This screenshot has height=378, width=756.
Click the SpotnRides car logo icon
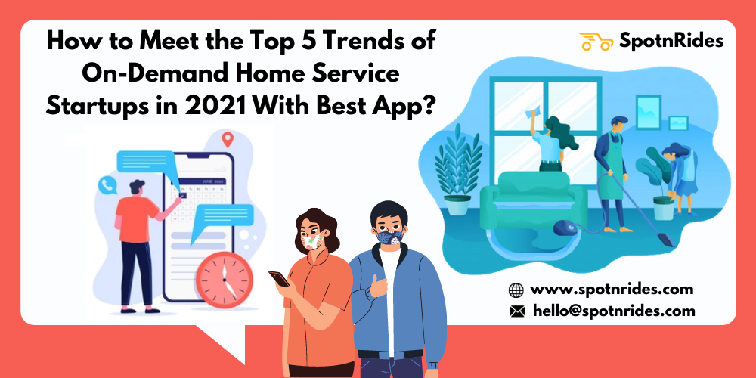(596, 42)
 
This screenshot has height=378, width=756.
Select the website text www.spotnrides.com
(612, 290)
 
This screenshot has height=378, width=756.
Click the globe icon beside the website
(516, 290)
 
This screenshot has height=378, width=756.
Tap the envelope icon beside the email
(517, 311)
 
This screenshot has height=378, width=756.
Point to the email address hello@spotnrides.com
(614, 311)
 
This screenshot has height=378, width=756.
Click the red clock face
(225, 280)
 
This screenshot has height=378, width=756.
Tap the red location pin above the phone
(227, 140)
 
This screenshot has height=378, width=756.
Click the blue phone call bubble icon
(107, 185)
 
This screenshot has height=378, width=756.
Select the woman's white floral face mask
(312, 239)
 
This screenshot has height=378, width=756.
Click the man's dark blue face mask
(389, 237)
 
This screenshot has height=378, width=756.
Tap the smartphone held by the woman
(279, 278)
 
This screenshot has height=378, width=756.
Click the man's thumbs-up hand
(379, 286)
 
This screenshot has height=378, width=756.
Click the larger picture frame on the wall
(648, 111)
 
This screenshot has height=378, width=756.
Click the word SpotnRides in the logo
(671, 42)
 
